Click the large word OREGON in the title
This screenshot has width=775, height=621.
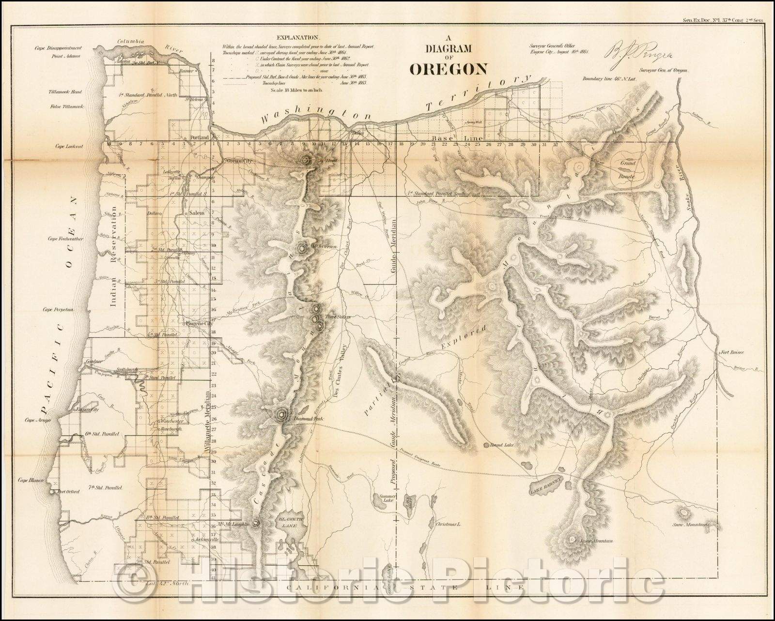[449, 69]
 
